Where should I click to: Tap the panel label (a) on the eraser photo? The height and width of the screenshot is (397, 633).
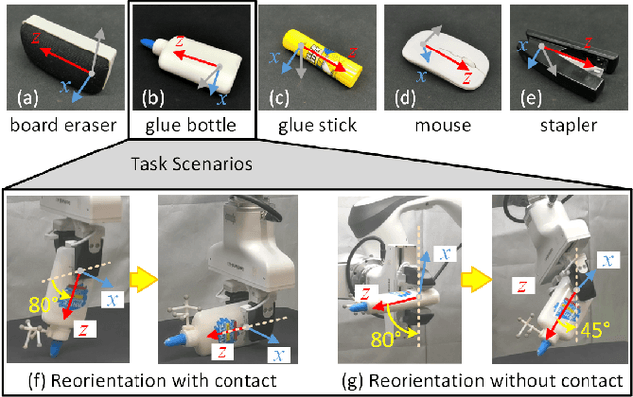click(26, 96)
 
